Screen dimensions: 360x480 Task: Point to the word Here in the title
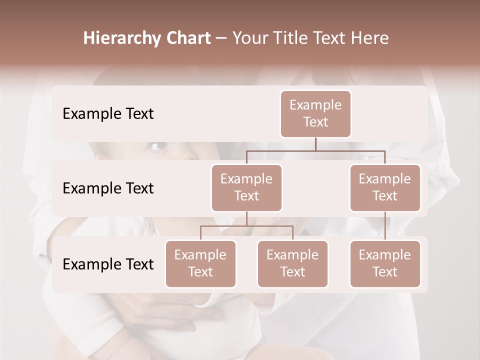tap(369, 38)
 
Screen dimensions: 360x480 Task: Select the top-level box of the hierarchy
tap(315, 113)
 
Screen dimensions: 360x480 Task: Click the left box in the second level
tap(246, 187)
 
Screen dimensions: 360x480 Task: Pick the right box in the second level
tap(385, 187)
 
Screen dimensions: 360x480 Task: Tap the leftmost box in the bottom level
tap(200, 263)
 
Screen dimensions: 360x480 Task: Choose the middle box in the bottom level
tap(292, 263)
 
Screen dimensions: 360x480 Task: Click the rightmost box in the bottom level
tap(385, 263)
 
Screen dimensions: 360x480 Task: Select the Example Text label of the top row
tap(108, 113)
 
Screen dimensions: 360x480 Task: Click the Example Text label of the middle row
tap(108, 188)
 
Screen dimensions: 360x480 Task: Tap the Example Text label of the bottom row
tap(108, 264)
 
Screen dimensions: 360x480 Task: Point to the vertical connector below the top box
tap(315, 144)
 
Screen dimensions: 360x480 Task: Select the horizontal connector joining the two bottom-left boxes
tap(246, 226)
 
